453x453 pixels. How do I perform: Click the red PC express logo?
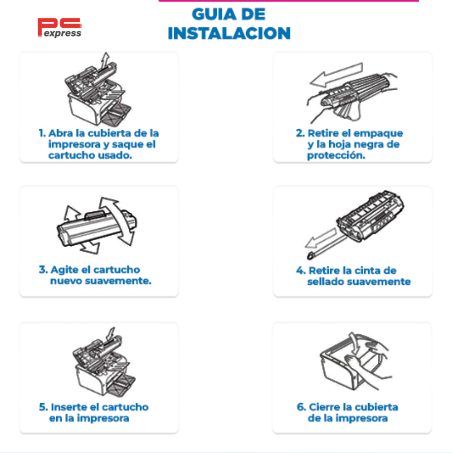(x=60, y=28)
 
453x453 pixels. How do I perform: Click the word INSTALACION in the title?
(x=229, y=33)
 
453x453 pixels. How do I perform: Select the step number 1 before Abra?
(x=42, y=133)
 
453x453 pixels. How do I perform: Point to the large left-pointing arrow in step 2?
(x=336, y=75)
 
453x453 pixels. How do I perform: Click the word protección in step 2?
(x=336, y=156)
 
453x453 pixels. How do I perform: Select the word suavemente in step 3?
(x=118, y=281)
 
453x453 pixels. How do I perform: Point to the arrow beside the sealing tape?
(x=321, y=238)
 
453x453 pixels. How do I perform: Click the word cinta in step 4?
(x=367, y=271)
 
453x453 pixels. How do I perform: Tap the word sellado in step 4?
(x=325, y=281)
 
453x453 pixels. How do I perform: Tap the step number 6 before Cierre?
(x=301, y=407)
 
